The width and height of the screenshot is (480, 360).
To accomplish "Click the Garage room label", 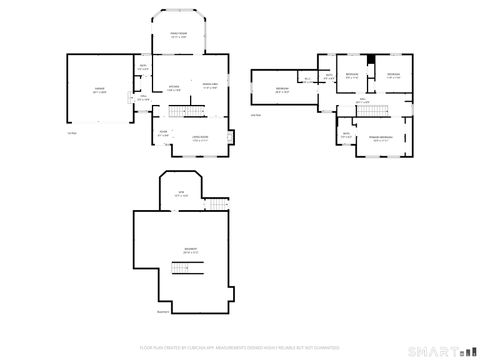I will (x=100, y=90).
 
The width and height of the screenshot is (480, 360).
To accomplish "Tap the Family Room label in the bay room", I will (x=178, y=36).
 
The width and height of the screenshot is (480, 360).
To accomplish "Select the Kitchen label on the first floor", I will (x=172, y=87).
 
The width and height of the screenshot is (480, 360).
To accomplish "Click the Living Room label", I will (x=200, y=138).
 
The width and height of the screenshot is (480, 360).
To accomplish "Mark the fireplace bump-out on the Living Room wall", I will (x=233, y=137).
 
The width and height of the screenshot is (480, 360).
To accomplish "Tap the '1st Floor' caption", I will (x=71, y=132).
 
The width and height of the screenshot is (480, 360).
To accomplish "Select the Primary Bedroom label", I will (x=381, y=138).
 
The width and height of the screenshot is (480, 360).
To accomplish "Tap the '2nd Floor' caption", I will (x=256, y=115).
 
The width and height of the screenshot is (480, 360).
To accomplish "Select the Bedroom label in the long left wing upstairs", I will (x=282, y=90).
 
